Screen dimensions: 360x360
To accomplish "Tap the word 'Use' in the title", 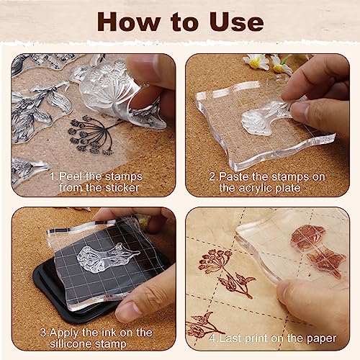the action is [x=236, y=22].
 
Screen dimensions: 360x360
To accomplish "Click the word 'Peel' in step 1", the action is [x=70, y=176].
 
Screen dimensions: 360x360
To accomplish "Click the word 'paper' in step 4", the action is [x=321, y=339].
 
